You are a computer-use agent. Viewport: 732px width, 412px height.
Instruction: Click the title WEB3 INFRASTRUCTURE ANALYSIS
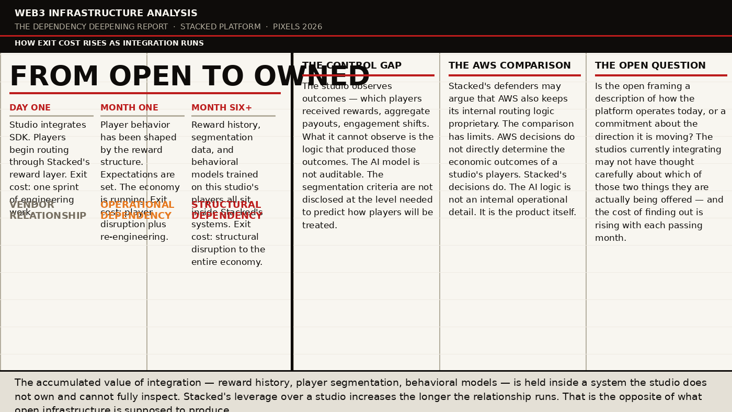point(106,14)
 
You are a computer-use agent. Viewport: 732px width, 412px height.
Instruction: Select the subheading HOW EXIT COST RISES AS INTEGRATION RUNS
point(109,43)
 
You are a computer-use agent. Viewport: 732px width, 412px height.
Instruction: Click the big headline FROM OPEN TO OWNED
point(190,77)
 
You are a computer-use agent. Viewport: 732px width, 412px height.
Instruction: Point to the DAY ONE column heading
point(30,108)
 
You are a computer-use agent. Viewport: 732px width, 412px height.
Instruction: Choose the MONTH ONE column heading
point(129,108)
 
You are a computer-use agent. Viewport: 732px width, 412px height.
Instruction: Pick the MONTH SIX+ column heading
point(222,108)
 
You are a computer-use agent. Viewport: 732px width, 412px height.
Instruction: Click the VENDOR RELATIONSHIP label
point(48,210)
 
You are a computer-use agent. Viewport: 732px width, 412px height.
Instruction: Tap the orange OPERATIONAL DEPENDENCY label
point(137,210)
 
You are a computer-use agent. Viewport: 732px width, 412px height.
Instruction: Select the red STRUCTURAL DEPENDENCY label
point(226,210)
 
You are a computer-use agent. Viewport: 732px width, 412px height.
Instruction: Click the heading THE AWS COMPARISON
point(509,66)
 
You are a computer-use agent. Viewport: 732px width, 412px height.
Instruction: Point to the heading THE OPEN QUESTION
point(650,66)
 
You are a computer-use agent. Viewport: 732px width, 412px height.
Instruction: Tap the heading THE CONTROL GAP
point(351,66)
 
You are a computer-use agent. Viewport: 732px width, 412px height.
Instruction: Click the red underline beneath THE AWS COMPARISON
point(514,75)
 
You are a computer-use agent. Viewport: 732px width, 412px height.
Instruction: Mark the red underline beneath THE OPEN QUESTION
point(661,75)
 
